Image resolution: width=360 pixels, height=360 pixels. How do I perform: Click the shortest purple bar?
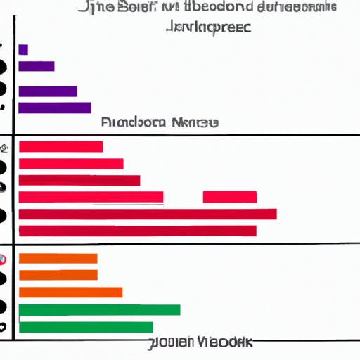[23, 49]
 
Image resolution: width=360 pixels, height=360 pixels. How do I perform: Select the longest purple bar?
[55, 108]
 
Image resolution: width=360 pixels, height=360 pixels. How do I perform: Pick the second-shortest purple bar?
[37, 67]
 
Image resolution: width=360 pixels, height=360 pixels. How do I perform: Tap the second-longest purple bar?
[48, 91]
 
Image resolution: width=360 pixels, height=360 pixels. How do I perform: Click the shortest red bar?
[60, 146]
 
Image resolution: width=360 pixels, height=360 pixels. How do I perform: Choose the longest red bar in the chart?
[148, 214]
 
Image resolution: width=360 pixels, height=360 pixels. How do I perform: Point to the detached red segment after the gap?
[229, 197]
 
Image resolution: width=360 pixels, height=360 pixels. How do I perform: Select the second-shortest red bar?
[71, 164]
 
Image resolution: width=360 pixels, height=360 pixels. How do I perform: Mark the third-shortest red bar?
[79, 181]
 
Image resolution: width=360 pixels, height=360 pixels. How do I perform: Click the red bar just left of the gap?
[91, 197]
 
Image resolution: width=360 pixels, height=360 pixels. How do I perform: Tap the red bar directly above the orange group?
[137, 231]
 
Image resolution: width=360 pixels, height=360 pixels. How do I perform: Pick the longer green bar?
[99, 309]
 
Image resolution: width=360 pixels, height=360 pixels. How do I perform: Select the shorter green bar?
[86, 327]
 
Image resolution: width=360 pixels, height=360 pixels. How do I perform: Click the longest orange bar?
[70, 292]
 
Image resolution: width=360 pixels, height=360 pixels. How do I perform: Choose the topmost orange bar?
[58, 258]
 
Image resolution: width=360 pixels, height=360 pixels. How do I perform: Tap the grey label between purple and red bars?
[160, 122]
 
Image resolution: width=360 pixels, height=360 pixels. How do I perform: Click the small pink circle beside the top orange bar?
[4, 258]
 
